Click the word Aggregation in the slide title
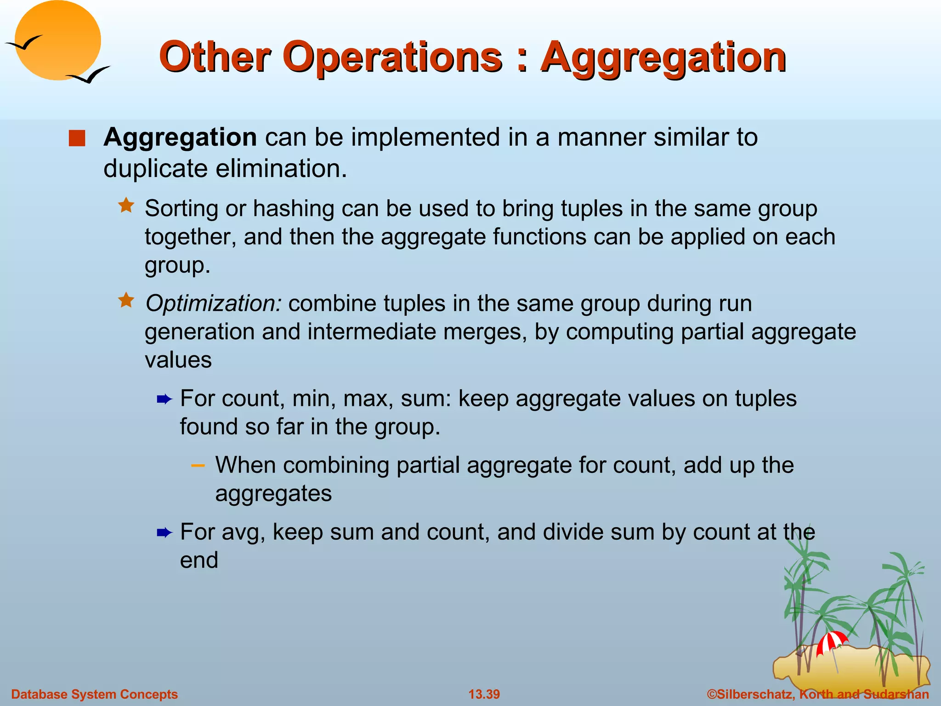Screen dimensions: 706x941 663,58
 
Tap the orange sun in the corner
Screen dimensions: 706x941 58,40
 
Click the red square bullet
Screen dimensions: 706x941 77,138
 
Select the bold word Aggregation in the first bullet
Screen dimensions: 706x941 180,137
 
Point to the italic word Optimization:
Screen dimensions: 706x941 213,303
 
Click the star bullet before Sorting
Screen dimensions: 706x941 126,205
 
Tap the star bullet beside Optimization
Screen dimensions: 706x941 126,301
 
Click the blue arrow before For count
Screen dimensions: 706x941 164,399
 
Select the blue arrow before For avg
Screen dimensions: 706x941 164,533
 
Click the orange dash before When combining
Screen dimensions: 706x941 198,466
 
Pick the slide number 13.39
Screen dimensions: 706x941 484,694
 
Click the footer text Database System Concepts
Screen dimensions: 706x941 94,694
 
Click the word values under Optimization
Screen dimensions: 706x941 178,360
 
